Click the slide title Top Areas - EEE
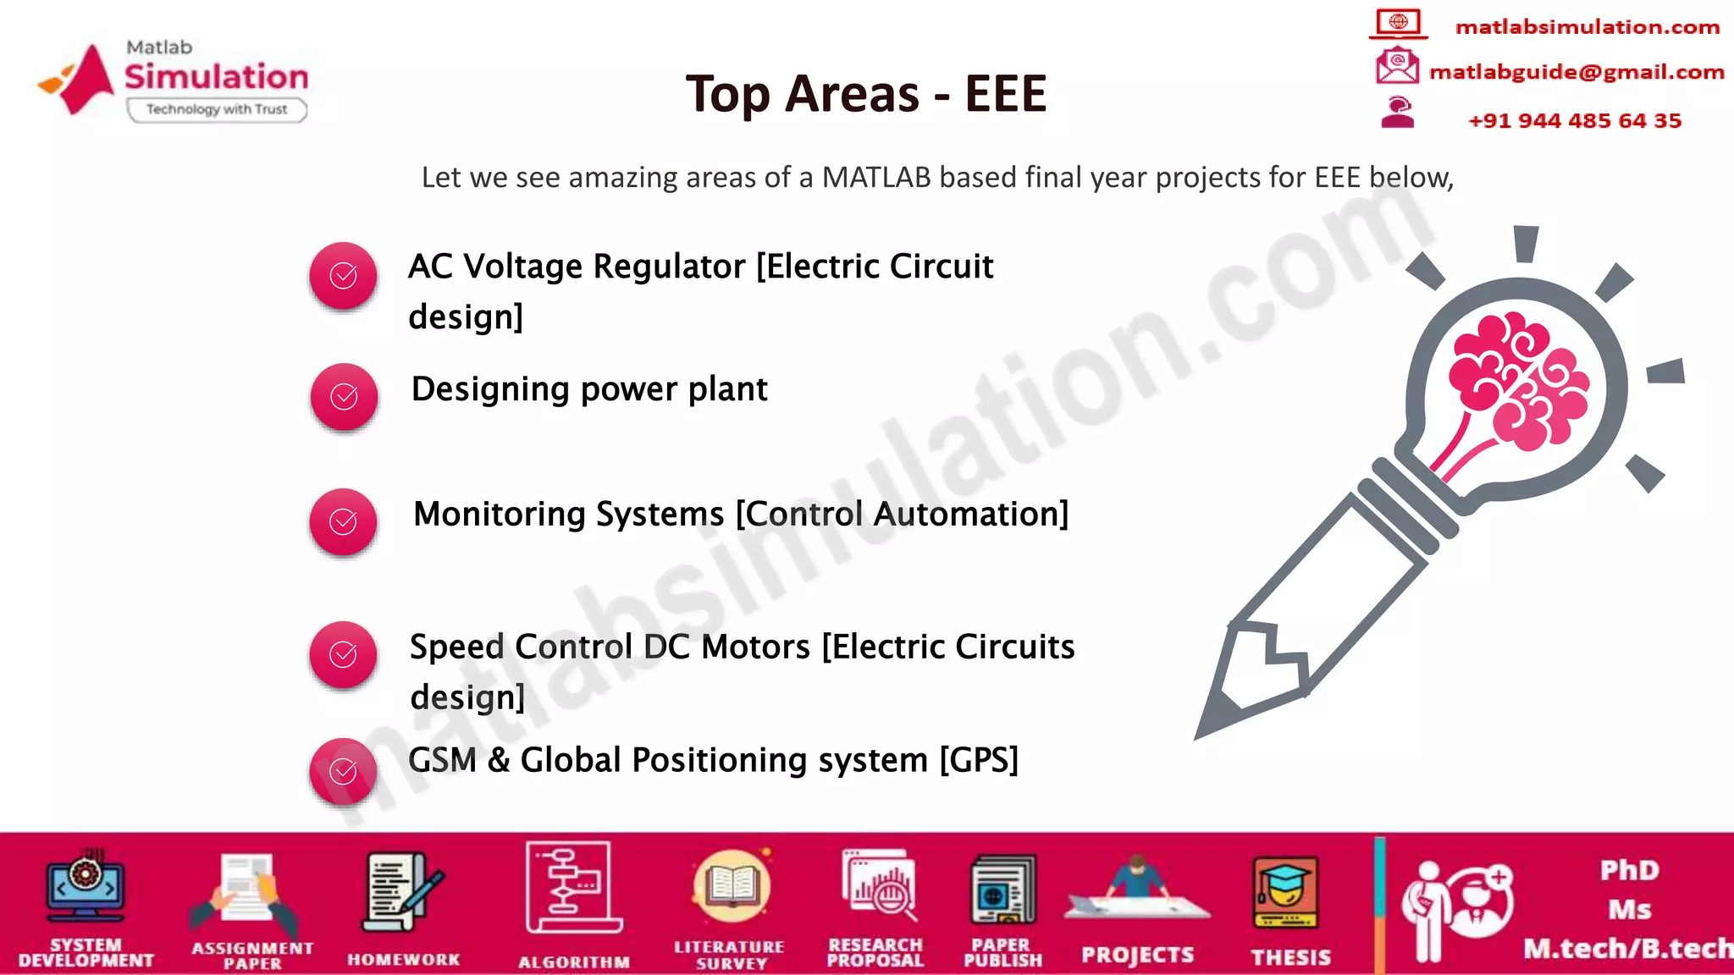tap(866, 93)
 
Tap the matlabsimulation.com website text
tap(1587, 27)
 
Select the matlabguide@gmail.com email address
tap(1576, 72)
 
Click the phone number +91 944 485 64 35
tap(1574, 120)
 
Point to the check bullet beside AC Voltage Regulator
tap(343, 275)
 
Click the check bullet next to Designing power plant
tap(344, 396)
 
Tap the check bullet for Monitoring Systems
tap(343, 521)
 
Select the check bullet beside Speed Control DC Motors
tap(343, 654)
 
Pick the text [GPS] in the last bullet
tap(979, 760)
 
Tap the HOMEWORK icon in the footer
tap(402, 893)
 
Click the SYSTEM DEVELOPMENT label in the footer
tap(86, 952)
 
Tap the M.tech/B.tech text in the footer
tap(1627, 949)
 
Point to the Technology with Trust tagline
tap(217, 109)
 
